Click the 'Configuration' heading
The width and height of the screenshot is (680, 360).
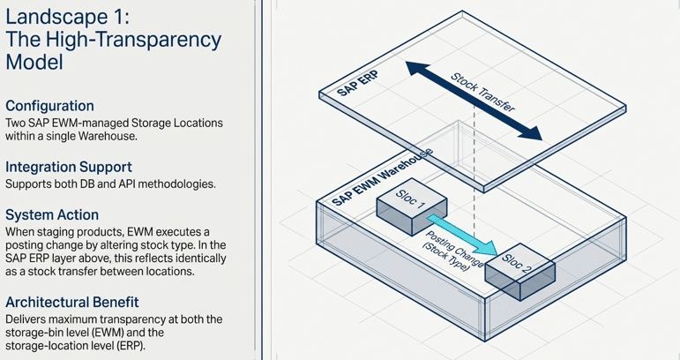point(49,106)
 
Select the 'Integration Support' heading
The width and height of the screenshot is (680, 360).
point(69,166)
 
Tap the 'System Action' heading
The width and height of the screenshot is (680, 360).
point(52,214)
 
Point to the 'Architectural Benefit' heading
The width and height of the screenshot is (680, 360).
point(71,302)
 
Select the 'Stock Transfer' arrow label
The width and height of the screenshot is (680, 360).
point(482,91)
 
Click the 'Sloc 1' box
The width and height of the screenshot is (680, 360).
point(407,206)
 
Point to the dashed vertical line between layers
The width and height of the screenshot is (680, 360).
point(476,176)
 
